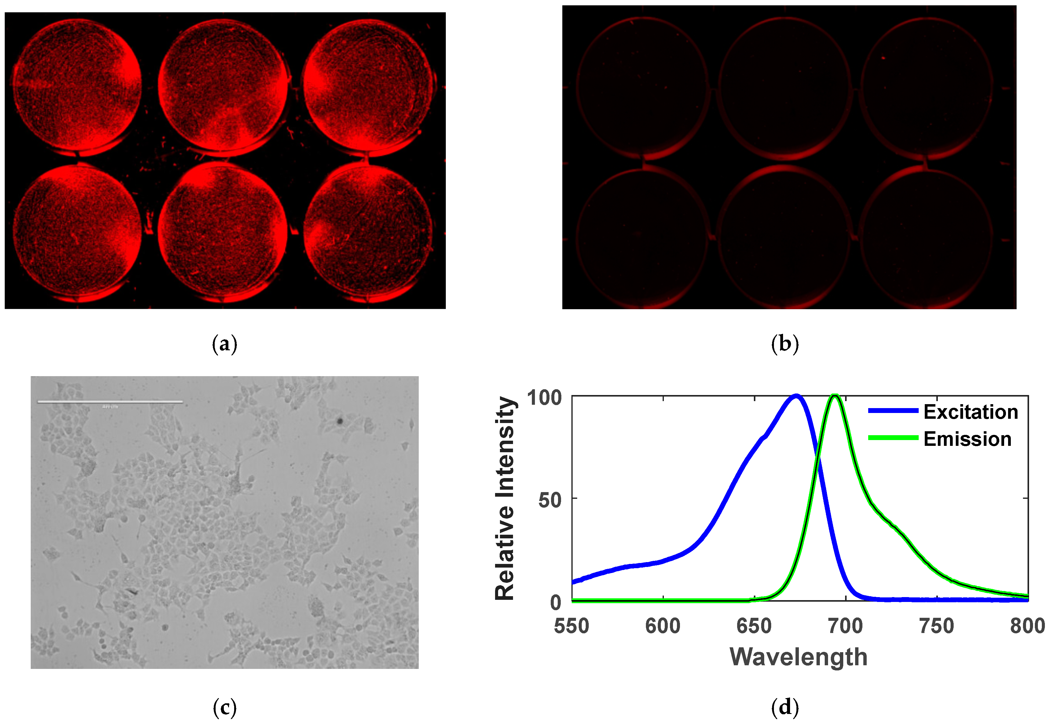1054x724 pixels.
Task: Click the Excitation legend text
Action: click(x=971, y=412)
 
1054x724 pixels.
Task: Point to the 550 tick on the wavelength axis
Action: click(x=571, y=626)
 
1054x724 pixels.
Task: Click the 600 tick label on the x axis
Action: click(x=663, y=626)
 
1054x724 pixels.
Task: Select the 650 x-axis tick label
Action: click(x=754, y=626)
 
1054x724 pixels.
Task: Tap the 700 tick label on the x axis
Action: click(x=845, y=626)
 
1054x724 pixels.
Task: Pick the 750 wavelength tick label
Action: click(x=937, y=626)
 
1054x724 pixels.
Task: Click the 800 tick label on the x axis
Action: click(x=1028, y=626)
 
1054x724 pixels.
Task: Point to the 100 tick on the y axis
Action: click(x=544, y=398)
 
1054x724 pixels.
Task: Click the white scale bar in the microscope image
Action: click(x=110, y=402)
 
